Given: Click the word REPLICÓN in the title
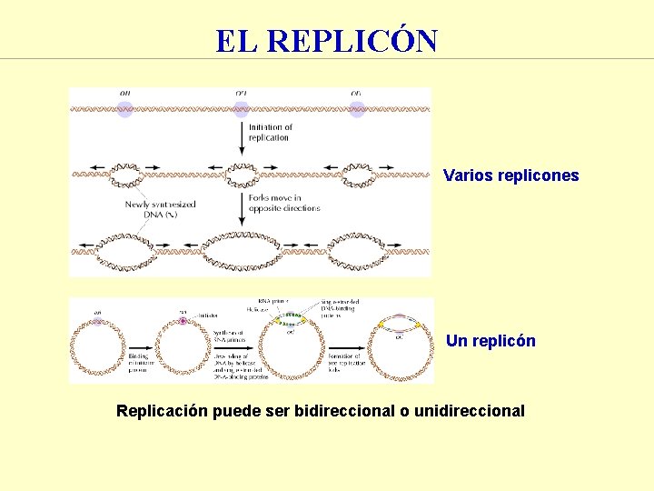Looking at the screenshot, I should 354,41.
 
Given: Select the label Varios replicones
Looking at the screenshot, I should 510,175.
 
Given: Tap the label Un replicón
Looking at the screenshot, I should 490,341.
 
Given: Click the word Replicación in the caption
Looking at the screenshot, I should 162,411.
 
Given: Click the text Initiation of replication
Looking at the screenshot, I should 270,133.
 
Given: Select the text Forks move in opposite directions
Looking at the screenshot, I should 282,203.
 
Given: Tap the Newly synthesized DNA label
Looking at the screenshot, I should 161,209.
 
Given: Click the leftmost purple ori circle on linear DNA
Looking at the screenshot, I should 124,108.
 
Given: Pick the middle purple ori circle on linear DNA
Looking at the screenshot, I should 241,108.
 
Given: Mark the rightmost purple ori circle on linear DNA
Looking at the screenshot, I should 357,108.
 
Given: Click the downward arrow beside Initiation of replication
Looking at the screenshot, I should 242,136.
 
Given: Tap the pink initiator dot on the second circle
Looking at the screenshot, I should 182,320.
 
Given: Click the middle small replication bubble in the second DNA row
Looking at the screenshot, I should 241,171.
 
